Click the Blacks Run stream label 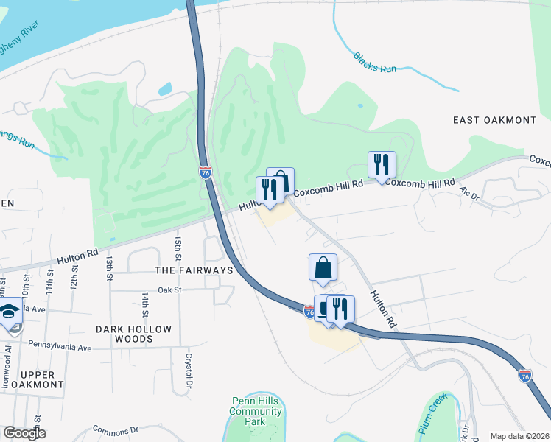(x=374, y=63)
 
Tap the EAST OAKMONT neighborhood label (x=494, y=120)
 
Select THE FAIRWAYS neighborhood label (x=194, y=270)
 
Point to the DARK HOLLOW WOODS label (x=134, y=334)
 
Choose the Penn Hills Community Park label (x=255, y=410)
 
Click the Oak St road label (x=169, y=290)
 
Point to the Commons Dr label (x=116, y=429)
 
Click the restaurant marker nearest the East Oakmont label (x=382, y=165)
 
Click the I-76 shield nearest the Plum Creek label (x=524, y=376)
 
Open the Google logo (x=24, y=434)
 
